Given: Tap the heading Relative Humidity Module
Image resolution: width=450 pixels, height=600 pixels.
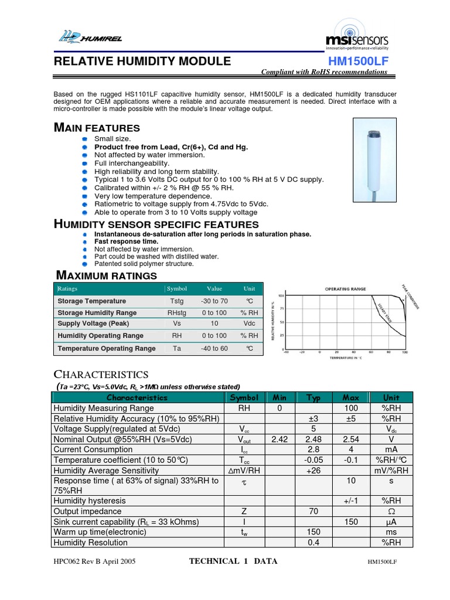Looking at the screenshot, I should click(x=142, y=62).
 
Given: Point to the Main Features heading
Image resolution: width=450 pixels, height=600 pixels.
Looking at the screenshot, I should click(x=97, y=128).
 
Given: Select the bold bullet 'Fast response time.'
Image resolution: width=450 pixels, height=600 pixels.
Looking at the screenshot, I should click(x=127, y=241).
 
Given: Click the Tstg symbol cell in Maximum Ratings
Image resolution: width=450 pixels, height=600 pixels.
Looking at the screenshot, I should click(x=176, y=301).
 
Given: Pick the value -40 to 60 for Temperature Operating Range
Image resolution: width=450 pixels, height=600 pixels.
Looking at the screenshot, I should click(x=214, y=348).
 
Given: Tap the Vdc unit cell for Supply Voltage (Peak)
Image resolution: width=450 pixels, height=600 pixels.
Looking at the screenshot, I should click(x=250, y=323).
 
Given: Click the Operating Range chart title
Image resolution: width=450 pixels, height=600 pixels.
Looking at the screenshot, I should click(x=346, y=289).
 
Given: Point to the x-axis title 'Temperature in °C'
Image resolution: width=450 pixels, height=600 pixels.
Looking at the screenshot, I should click(x=346, y=357).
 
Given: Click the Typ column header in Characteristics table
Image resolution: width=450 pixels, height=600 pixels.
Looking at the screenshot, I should click(x=313, y=397).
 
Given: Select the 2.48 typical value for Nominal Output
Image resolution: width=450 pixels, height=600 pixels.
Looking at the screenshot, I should click(x=313, y=439).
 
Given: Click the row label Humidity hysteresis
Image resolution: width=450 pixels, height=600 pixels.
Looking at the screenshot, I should click(x=90, y=500).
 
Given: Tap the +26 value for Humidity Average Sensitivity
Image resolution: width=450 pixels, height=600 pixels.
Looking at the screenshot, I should click(x=313, y=470).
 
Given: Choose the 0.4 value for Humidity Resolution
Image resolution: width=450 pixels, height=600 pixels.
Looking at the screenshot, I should click(x=313, y=542).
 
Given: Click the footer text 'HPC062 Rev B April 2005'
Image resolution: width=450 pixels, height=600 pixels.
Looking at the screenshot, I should click(x=94, y=561).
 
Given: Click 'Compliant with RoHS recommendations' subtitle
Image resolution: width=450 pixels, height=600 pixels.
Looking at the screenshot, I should click(x=323, y=72).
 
